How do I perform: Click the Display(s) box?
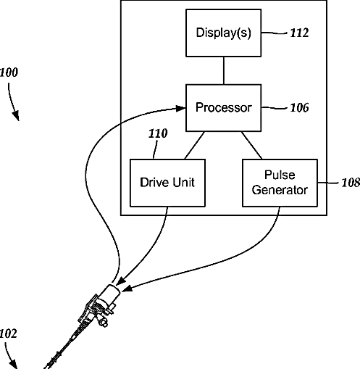click(x=223, y=33)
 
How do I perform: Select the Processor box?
click(x=223, y=108)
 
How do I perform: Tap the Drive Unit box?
click(x=167, y=183)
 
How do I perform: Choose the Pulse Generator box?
click(x=280, y=183)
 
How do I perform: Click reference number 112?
click(x=299, y=33)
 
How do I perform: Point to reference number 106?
click(x=299, y=108)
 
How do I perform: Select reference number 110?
click(x=158, y=133)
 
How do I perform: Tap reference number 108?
click(x=351, y=183)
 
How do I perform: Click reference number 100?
click(x=9, y=72)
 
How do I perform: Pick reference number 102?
click(x=8, y=333)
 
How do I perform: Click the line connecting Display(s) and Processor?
click(x=224, y=70)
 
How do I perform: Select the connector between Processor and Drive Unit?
click(x=195, y=145)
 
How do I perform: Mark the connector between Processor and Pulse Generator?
click(x=251, y=145)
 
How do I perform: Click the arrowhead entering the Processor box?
click(x=180, y=108)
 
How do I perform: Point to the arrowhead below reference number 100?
click(x=17, y=116)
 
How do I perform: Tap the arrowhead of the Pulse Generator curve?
click(x=127, y=289)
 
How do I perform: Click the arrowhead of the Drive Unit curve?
click(x=121, y=281)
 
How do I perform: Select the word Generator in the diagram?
click(x=280, y=190)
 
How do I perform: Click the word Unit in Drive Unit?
click(x=183, y=182)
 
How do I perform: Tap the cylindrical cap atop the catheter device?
click(x=110, y=293)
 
